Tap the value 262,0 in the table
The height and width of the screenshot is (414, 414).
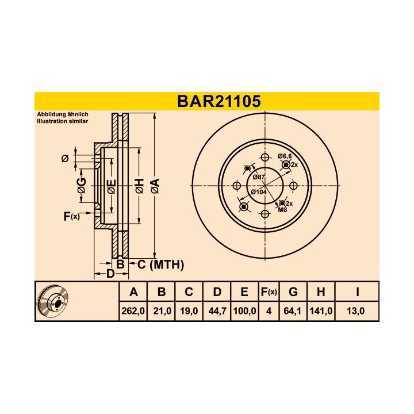(x=133, y=310)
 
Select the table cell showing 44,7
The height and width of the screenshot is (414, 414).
(x=217, y=310)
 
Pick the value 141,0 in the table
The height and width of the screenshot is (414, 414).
(x=321, y=310)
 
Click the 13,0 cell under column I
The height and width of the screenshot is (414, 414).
(x=357, y=310)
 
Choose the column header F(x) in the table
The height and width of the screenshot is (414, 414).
(x=269, y=292)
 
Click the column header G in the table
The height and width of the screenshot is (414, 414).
(x=293, y=292)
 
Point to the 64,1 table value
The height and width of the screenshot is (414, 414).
(x=293, y=310)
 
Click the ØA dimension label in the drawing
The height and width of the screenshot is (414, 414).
(x=154, y=186)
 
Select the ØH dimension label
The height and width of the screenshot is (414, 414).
(x=139, y=186)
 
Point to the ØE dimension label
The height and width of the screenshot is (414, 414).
(x=112, y=186)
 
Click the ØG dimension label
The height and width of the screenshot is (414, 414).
(x=82, y=185)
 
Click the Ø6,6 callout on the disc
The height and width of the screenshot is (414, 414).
(x=285, y=156)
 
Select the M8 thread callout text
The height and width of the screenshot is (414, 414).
(x=282, y=210)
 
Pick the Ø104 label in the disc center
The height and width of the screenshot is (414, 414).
(x=259, y=191)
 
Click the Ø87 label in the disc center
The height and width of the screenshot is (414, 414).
(x=259, y=178)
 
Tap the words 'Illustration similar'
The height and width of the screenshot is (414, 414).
(x=62, y=122)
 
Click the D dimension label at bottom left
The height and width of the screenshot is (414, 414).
(x=110, y=273)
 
